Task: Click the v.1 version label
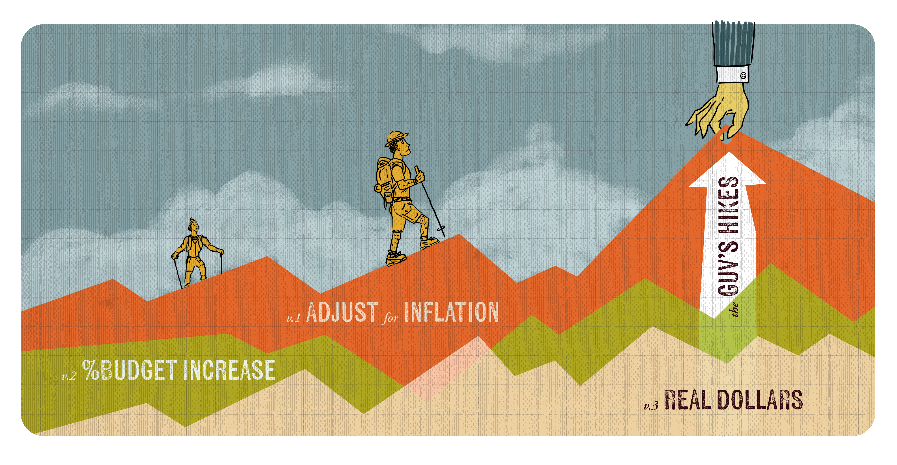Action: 293,318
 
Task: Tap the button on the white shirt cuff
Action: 743,75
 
